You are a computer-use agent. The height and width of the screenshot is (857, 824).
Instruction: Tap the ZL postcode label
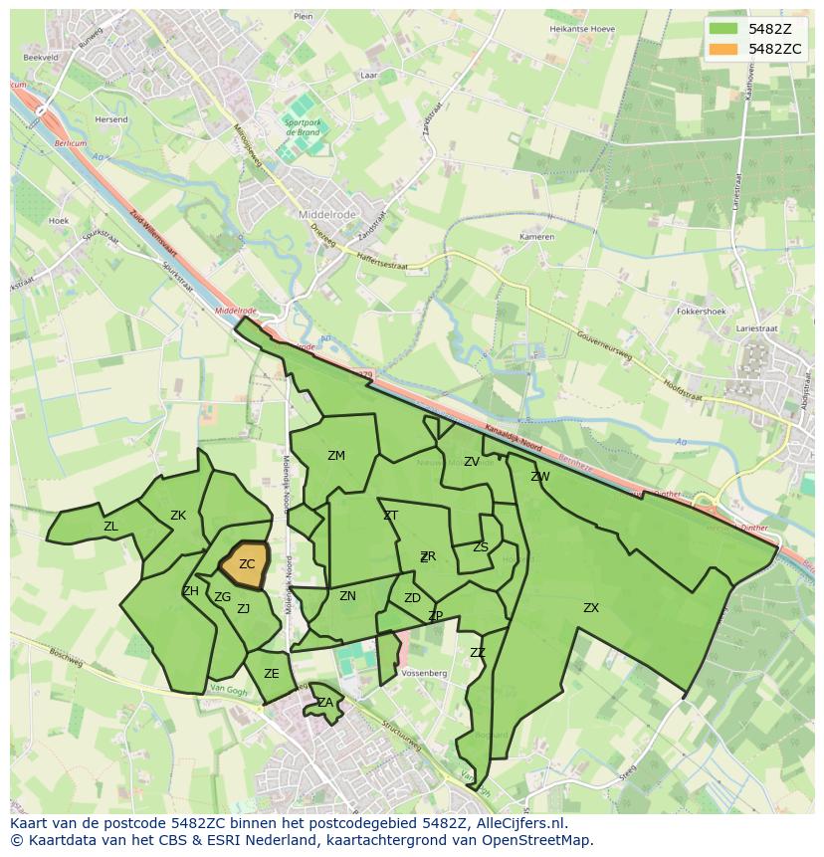click(x=110, y=527)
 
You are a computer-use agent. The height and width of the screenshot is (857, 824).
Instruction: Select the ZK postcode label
click(x=178, y=516)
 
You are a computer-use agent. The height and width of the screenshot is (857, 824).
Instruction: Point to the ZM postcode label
click(x=336, y=456)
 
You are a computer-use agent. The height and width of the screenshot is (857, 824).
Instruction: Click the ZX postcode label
click(x=591, y=607)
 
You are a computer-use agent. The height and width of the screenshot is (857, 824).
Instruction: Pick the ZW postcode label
click(x=540, y=477)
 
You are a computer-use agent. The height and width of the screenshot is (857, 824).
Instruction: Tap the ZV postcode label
click(x=472, y=462)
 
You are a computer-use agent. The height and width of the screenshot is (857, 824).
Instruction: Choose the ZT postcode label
click(x=390, y=516)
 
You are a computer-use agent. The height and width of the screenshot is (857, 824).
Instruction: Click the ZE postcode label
click(x=272, y=674)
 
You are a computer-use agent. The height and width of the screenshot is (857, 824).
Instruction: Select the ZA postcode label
click(x=325, y=703)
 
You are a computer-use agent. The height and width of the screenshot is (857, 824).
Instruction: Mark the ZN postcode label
click(x=347, y=596)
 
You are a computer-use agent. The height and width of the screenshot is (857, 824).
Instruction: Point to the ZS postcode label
click(x=481, y=547)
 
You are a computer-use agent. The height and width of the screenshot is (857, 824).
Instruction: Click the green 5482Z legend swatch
click(x=723, y=29)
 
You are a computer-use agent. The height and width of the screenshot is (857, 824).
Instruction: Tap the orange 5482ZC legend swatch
click(x=723, y=49)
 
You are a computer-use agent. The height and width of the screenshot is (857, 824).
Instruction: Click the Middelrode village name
click(x=327, y=214)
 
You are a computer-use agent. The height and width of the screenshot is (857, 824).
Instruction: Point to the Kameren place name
click(x=536, y=237)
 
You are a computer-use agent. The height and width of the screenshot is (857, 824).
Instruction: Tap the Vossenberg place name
click(x=425, y=674)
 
